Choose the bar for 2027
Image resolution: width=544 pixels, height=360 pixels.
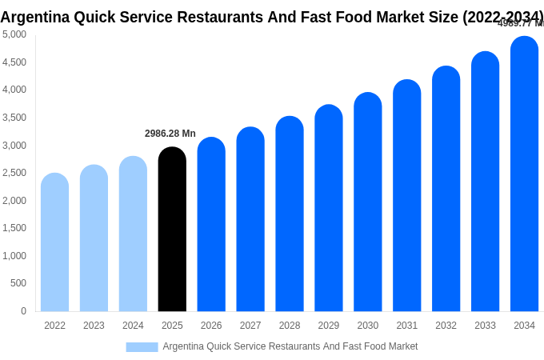(250, 219)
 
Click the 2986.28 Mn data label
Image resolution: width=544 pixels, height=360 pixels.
(170, 134)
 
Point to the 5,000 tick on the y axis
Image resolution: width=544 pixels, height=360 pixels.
(14, 34)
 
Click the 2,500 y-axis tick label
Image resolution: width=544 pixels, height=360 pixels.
(14, 173)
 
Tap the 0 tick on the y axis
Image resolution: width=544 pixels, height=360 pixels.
(23, 311)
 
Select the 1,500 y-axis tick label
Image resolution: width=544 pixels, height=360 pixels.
(14, 228)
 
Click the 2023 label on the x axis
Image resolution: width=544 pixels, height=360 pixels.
(94, 326)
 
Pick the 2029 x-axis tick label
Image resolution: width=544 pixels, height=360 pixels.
(329, 326)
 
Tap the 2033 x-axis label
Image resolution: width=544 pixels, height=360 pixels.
(485, 326)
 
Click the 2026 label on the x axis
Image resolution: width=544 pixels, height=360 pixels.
(211, 326)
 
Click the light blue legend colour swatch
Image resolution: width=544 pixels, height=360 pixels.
(142, 347)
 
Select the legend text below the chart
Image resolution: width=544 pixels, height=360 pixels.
(290, 346)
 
